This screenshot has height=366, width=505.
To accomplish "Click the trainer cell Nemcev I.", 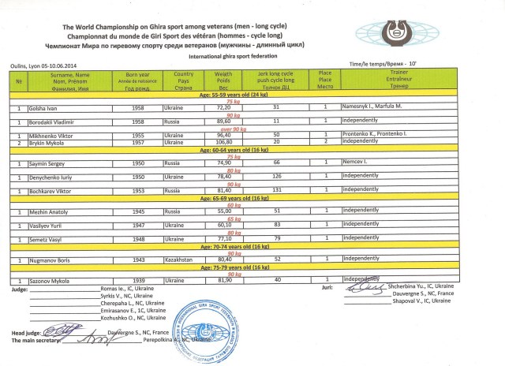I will coord(357,161).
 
